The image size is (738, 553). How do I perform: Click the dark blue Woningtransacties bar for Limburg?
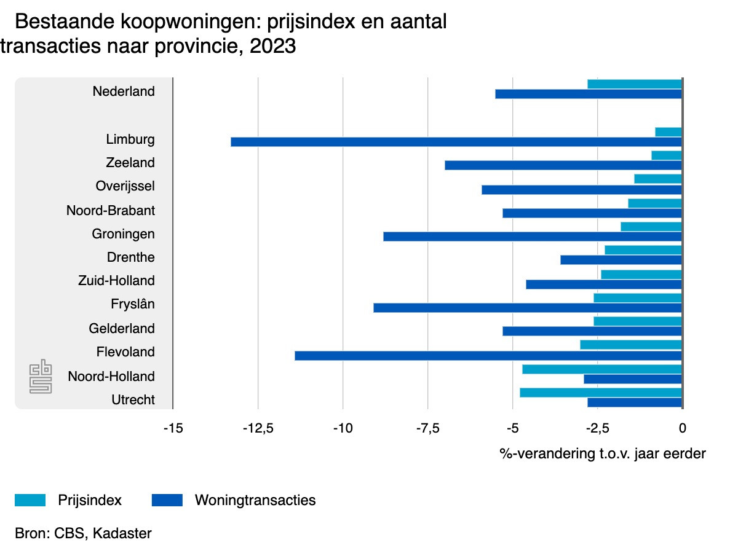tap(456, 142)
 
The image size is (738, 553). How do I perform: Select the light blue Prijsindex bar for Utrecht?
tap(601, 393)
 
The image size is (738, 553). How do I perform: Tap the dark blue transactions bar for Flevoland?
tap(488, 356)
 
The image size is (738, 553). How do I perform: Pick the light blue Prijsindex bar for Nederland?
tap(635, 84)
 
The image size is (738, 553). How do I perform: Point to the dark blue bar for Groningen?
tap(532, 237)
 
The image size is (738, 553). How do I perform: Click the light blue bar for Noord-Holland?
tap(602, 369)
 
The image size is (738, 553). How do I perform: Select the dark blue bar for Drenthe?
tap(621, 260)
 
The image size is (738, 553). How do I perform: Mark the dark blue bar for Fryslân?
tap(527, 308)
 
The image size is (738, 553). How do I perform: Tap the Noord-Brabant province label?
tap(111, 211)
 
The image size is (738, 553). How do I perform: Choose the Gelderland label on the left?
tap(122, 329)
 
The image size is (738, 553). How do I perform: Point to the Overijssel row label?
tap(125, 186)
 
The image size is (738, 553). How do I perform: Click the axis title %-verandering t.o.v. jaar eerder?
tap(602, 454)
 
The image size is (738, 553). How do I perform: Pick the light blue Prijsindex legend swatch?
tap(30, 500)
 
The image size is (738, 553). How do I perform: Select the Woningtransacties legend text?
tap(255, 500)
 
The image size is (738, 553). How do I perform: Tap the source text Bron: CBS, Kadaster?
tap(83, 533)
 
